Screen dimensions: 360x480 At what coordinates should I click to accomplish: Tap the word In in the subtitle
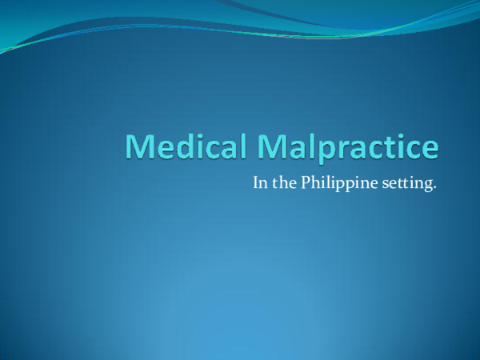pos(259,182)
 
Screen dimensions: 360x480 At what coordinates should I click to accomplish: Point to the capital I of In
pos(255,182)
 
